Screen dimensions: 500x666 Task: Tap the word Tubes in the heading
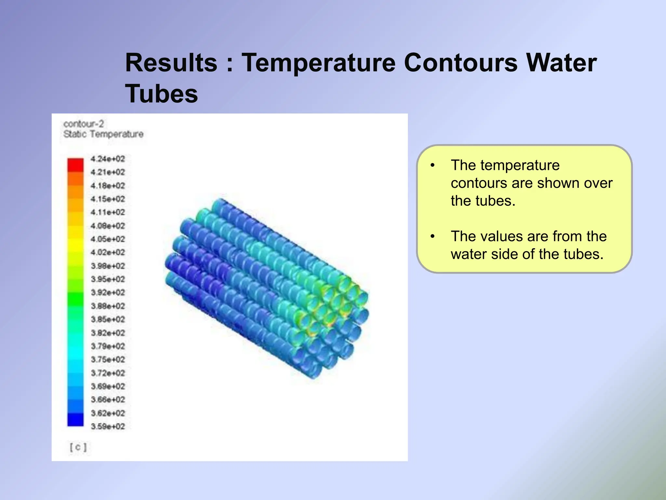point(161,94)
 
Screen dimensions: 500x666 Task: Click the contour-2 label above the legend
point(84,124)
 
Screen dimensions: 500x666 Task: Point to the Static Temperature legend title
point(103,134)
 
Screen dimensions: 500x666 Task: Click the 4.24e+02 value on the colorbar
point(108,159)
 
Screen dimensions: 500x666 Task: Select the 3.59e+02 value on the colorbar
point(108,426)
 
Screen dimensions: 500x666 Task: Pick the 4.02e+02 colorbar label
point(108,252)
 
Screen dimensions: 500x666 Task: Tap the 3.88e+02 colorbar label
point(108,306)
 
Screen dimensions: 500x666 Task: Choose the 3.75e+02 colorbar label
point(108,359)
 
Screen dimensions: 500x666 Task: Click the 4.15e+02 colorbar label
point(108,199)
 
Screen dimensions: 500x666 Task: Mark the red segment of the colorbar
point(75,165)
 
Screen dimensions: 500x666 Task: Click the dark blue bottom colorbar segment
point(75,419)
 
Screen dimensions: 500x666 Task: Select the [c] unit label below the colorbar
point(78,447)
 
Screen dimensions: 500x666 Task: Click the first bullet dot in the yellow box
point(432,165)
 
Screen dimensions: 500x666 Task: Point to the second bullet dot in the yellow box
point(432,236)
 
